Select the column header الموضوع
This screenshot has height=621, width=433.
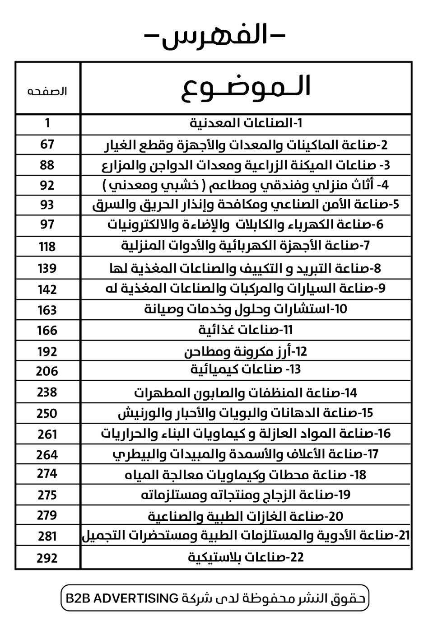[x=246, y=87]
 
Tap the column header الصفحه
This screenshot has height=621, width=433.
[x=47, y=91]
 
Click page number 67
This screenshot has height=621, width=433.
[x=47, y=145]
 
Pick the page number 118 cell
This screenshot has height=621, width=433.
[x=47, y=247]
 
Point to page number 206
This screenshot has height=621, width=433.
[x=47, y=371]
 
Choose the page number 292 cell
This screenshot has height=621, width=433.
[x=47, y=558]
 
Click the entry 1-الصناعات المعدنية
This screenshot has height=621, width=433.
[x=246, y=123]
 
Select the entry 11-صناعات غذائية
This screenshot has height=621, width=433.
[x=246, y=330]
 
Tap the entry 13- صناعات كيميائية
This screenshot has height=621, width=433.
[x=246, y=370]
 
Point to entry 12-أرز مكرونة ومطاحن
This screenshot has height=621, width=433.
[x=246, y=351]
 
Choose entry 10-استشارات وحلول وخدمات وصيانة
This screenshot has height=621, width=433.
[x=246, y=309]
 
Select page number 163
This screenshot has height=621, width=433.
[x=47, y=310]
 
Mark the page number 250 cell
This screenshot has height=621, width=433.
[x=47, y=413]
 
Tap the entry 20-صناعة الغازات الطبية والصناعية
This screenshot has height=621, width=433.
[x=246, y=516]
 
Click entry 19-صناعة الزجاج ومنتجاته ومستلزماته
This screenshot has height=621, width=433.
[x=246, y=495]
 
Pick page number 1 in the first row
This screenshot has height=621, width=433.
[x=47, y=123]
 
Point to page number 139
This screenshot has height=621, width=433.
[x=47, y=268]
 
